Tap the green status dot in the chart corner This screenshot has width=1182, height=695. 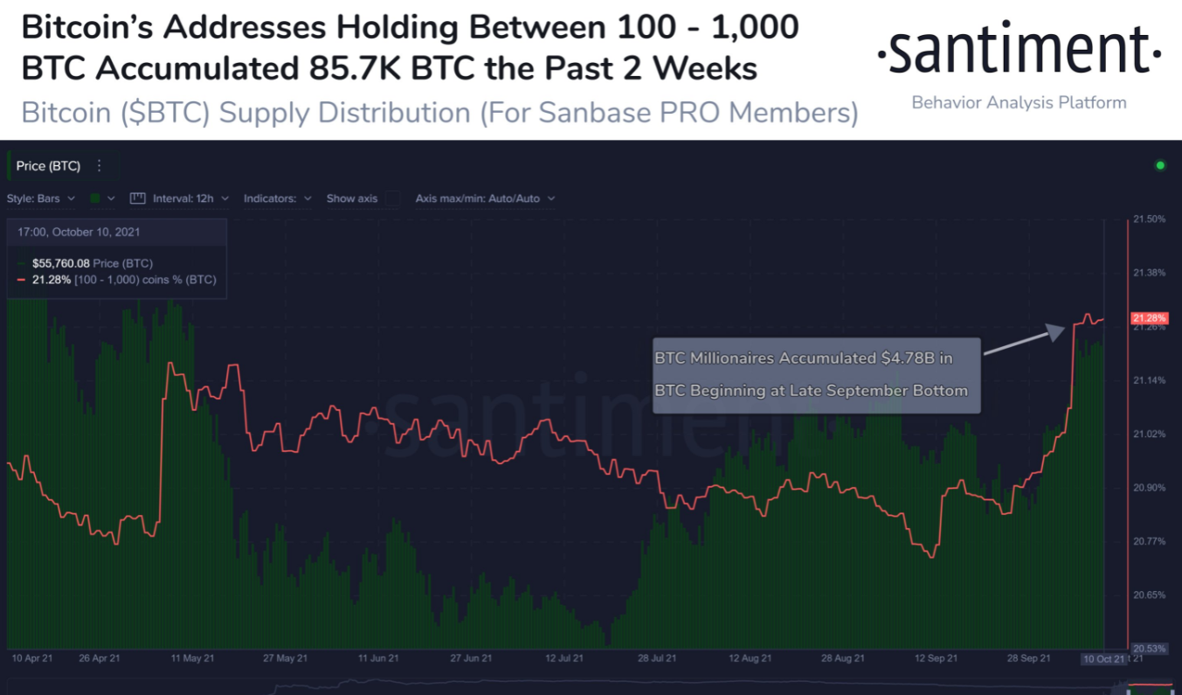point(1160,165)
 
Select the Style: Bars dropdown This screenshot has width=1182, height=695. point(41,198)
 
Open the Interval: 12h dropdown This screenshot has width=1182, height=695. point(180,198)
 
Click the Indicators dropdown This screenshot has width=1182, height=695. point(277,198)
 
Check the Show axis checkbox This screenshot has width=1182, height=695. point(393,198)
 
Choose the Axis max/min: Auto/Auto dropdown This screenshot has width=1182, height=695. point(485,198)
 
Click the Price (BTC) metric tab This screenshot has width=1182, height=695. point(48,166)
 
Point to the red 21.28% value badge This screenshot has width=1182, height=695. point(1149,317)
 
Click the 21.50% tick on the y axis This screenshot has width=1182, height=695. point(1149,219)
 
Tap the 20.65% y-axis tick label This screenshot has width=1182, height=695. point(1149,594)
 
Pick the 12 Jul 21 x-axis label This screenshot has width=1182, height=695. point(563,658)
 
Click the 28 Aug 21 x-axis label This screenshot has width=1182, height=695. point(842,658)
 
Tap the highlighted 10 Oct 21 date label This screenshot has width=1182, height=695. point(1103,658)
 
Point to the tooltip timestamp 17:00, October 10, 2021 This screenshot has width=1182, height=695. point(79,233)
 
